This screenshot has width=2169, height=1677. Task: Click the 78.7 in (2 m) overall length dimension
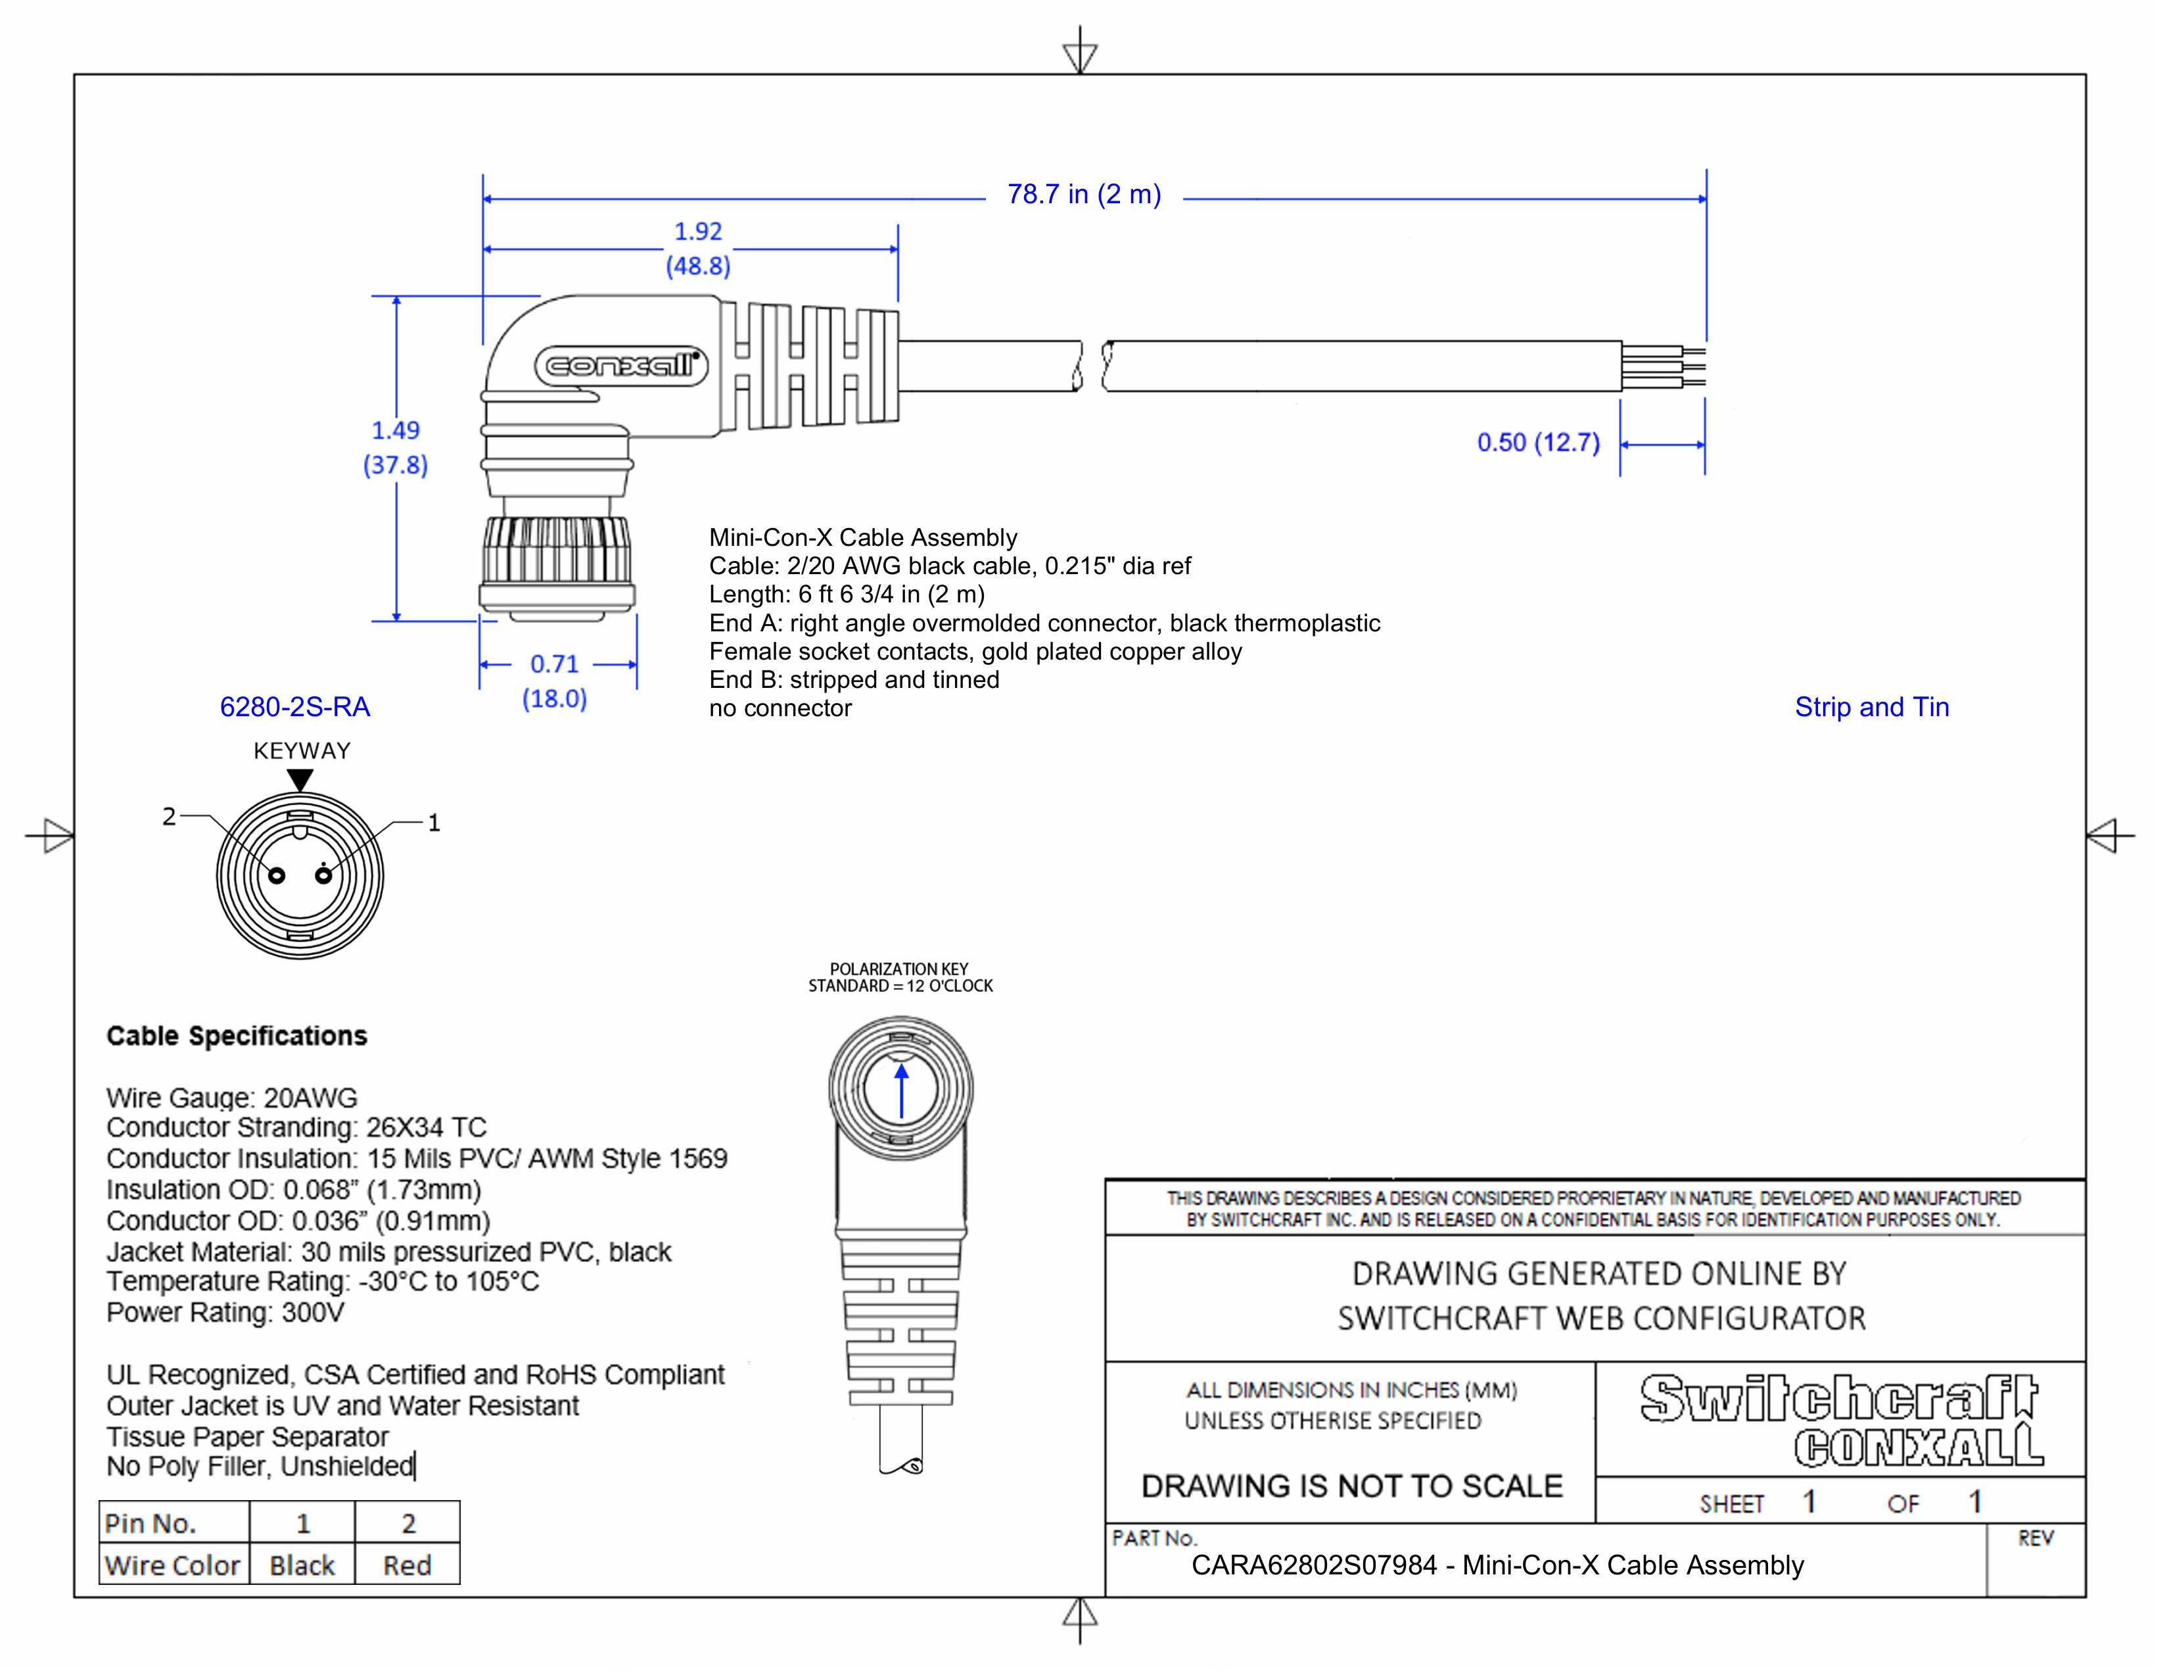pyautogui.click(x=1083, y=195)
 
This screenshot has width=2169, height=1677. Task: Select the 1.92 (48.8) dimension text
pyautogui.click(x=698, y=249)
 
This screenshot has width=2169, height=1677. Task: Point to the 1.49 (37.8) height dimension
pyautogui.click(x=395, y=447)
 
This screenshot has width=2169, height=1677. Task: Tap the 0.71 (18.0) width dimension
pyautogui.click(x=554, y=681)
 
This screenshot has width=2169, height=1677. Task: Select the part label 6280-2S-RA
pyautogui.click(x=295, y=708)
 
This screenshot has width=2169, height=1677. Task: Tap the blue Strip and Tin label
pyautogui.click(x=1871, y=708)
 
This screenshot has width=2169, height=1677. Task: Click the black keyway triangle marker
pyautogui.click(x=300, y=780)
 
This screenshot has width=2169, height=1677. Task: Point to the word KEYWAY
pyautogui.click(x=302, y=751)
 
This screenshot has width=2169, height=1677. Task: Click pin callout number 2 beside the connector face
pyautogui.click(x=169, y=817)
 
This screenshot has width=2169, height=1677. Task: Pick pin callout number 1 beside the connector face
pyautogui.click(x=434, y=823)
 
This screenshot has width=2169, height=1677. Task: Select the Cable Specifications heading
pyautogui.click(x=237, y=1036)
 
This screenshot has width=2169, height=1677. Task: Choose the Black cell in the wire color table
pyautogui.click(x=302, y=1566)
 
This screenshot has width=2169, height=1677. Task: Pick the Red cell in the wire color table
pyautogui.click(x=408, y=1566)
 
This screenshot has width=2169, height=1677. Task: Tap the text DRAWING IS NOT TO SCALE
pyautogui.click(x=1351, y=1486)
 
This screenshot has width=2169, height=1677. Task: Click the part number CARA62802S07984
pyautogui.click(x=1314, y=1566)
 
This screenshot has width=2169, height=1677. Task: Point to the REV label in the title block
pyautogui.click(x=2035, y=1539)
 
